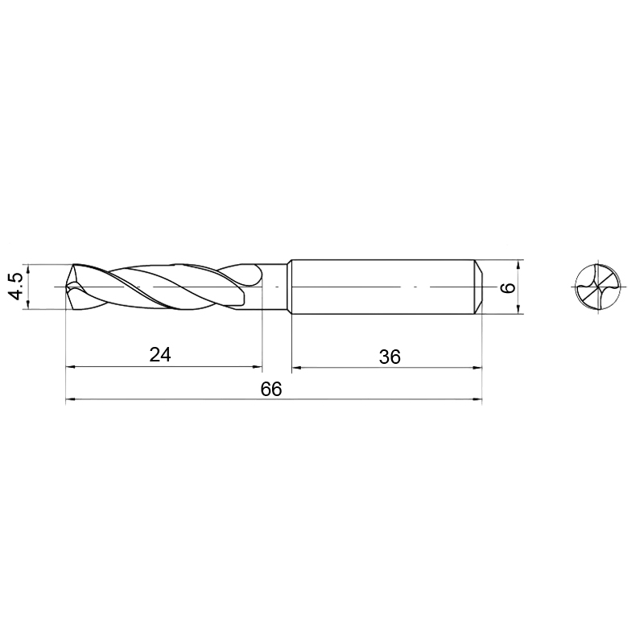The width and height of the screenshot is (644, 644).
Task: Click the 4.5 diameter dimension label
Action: (x=16, y=287)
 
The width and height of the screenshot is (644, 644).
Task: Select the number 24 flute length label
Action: (x=159, y=354)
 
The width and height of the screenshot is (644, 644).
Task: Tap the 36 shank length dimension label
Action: (x=390, y=357)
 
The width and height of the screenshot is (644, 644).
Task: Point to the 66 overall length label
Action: (x=271, y=389)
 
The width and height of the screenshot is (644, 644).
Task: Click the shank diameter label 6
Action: (x=508, y=287)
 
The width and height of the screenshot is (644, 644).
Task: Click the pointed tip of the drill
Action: (x=67, y=287)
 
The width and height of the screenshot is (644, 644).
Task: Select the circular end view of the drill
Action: (x=598, y=287)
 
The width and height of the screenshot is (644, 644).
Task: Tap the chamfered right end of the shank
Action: (x=478, y=287)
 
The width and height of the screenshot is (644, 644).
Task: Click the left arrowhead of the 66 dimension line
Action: (x=70, y=398)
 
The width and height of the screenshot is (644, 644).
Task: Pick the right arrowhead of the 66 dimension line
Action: (x=477, y=398)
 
